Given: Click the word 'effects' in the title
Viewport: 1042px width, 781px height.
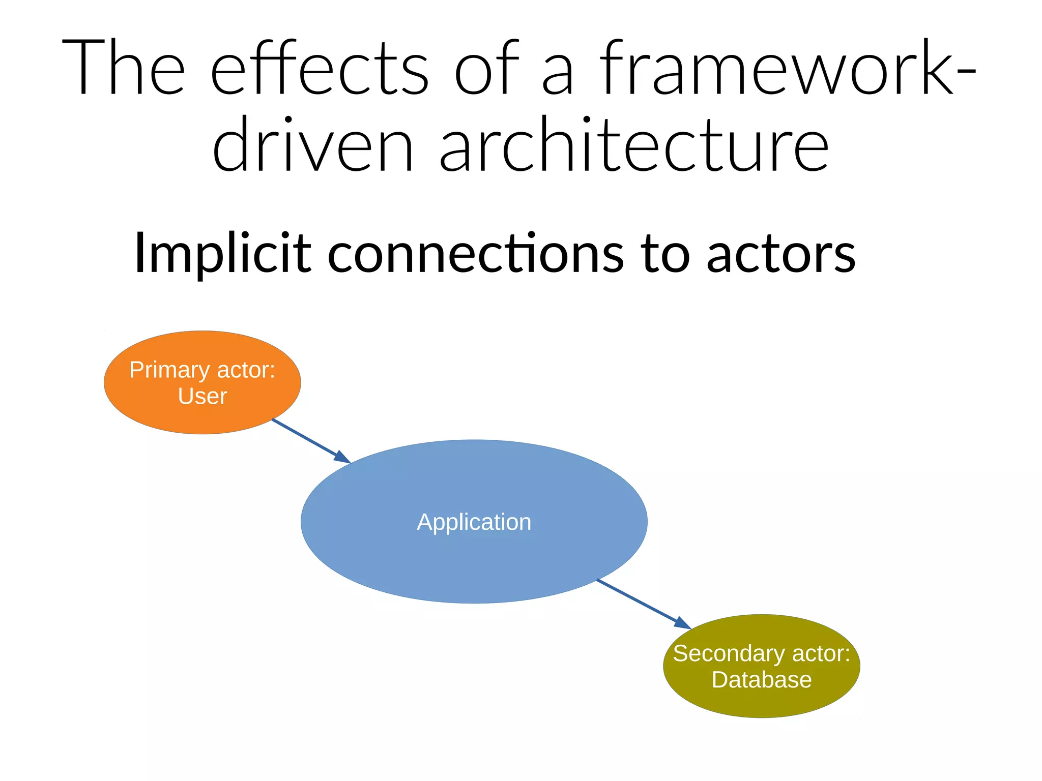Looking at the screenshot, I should (320, 69).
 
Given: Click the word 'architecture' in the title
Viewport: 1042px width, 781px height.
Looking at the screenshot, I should (634, 145).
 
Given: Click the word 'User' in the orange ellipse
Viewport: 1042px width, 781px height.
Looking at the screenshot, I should (202, 396).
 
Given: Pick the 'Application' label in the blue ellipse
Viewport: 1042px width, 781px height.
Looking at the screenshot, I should (474, 522).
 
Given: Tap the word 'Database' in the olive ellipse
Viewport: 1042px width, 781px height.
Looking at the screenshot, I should (761, 680).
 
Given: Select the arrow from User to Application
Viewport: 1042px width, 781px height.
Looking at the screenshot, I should (305, 438).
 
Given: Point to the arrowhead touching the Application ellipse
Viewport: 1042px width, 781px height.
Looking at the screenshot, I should (342, 457).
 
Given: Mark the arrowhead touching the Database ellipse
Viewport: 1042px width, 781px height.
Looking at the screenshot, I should (682, 623).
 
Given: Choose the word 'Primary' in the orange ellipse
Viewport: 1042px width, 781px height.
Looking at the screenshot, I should (169, 370).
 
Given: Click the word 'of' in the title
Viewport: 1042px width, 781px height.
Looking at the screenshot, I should (486, 69).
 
